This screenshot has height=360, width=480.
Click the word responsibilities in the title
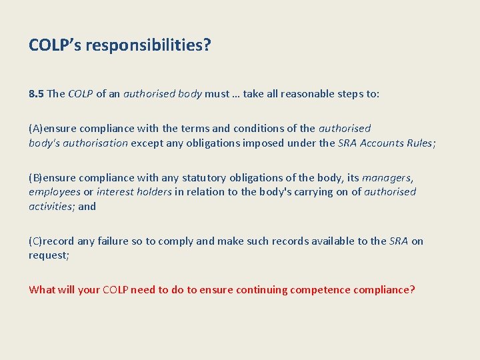coord(145,46)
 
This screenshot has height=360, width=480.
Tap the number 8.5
coord(36,93)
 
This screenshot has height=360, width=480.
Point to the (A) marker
coord(36,128)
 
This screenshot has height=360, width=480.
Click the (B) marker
coord(36,177)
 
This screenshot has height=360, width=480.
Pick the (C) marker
coord(36,241)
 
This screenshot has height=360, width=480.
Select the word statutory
coord(203,177)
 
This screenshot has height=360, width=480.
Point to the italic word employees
coord(54,192)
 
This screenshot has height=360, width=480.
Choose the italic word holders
coord(151,192)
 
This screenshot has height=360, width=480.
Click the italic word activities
coord(51,206)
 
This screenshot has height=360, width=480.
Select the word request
coord(48,255)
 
